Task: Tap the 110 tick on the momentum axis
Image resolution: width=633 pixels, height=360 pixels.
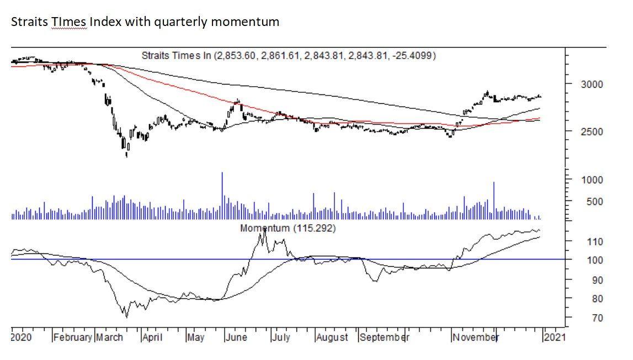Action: pos(593,241)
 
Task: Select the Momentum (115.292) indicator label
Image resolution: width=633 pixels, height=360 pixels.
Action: pos(288,227)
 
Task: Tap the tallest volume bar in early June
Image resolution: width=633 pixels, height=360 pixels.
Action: pos(222,195)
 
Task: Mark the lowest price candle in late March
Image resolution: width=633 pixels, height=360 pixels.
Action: pos(126,153)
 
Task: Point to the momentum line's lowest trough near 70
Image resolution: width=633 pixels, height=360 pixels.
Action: pos(126,316)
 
